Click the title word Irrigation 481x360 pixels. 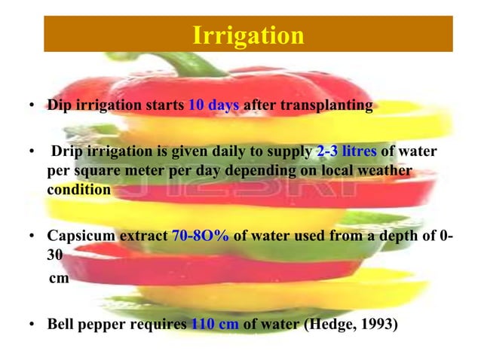248,35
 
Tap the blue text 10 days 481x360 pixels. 214,105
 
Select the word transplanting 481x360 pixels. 326,105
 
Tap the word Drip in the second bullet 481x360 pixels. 66,154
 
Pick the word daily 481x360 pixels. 239,154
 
